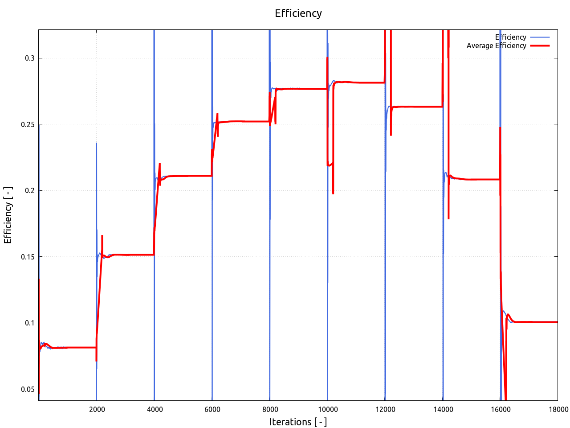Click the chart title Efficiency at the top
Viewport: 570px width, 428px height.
(298, 13)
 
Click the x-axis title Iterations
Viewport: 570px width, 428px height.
(298, 422)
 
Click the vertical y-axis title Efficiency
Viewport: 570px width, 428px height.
(8, 215)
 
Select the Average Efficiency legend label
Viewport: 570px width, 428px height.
(496, 45)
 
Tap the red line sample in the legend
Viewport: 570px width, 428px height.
(540, 45)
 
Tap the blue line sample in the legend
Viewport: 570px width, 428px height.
(540, 37)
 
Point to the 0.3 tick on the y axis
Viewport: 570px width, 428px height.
(30, 58)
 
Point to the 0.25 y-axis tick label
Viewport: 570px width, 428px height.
(28, 124)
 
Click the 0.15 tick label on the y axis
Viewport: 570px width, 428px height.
(28, 257)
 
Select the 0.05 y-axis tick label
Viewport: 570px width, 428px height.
(28, 389)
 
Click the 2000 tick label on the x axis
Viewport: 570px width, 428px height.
(97, 409)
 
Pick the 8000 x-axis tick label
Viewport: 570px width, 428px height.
(270, 409)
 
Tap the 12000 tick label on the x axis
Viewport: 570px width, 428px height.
(385, 409)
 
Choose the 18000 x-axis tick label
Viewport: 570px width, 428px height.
(558, 409)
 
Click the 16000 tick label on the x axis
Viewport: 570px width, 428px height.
(501, 409)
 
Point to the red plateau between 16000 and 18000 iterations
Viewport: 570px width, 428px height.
(534, 322)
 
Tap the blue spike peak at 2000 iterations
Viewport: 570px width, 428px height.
(97, 144)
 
